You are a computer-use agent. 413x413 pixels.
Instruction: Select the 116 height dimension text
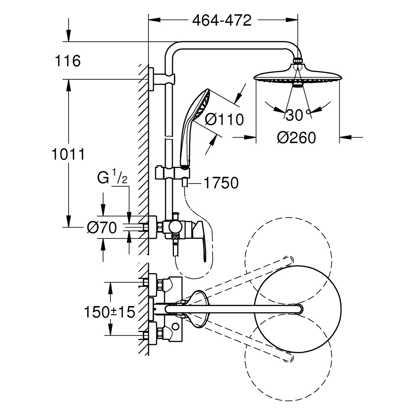(68, 61)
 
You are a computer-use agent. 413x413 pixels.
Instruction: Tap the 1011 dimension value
(68, 155)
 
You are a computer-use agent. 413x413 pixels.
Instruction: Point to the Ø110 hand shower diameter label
(224, 119)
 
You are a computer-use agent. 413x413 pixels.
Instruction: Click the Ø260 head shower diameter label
(296, 138)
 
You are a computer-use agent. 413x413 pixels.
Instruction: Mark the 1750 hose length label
(221, 183)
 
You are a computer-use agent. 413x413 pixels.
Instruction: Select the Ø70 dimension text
(102, 227)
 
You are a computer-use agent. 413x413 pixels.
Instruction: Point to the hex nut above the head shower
(298, 61)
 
